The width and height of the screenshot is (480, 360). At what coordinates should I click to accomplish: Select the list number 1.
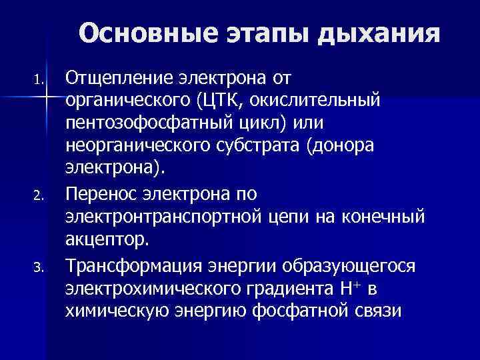click(40, 82)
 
